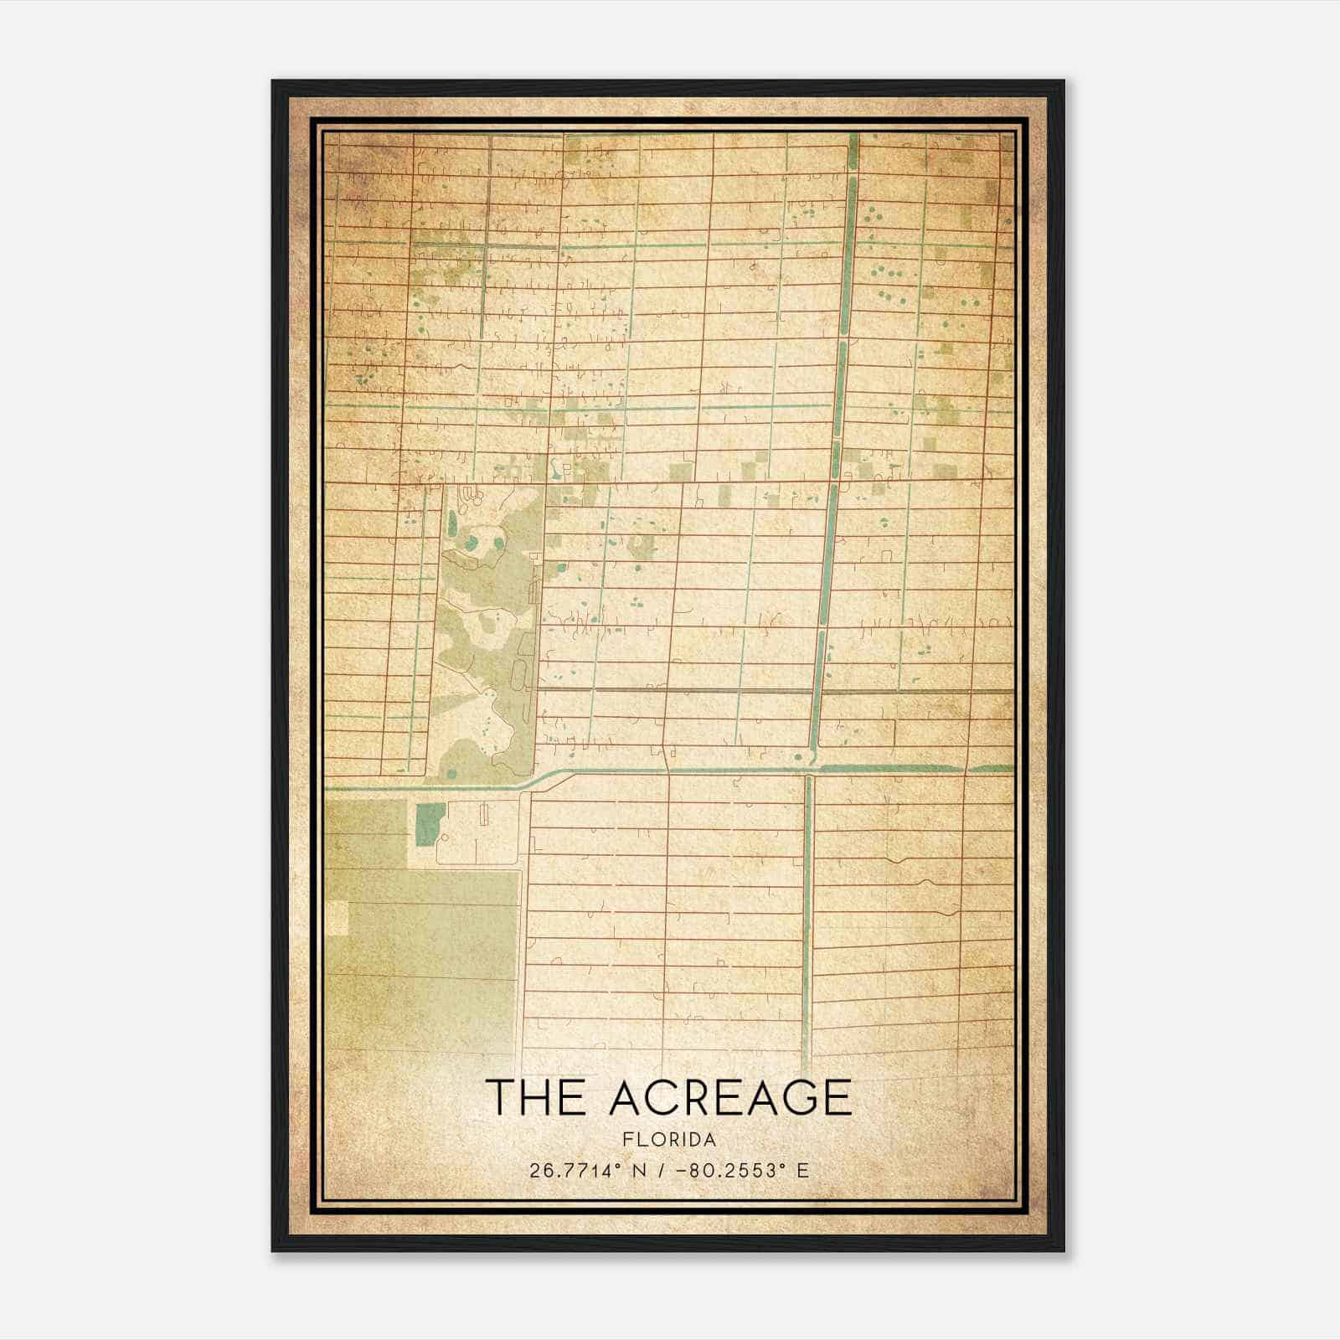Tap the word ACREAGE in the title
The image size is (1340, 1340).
tap(730, 1097)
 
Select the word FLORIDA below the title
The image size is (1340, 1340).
tap(669, 1140)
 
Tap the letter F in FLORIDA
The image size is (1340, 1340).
tap(627, 1140)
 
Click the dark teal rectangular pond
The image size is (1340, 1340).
tap(430, 823)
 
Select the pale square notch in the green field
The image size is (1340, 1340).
tap(337, 917)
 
